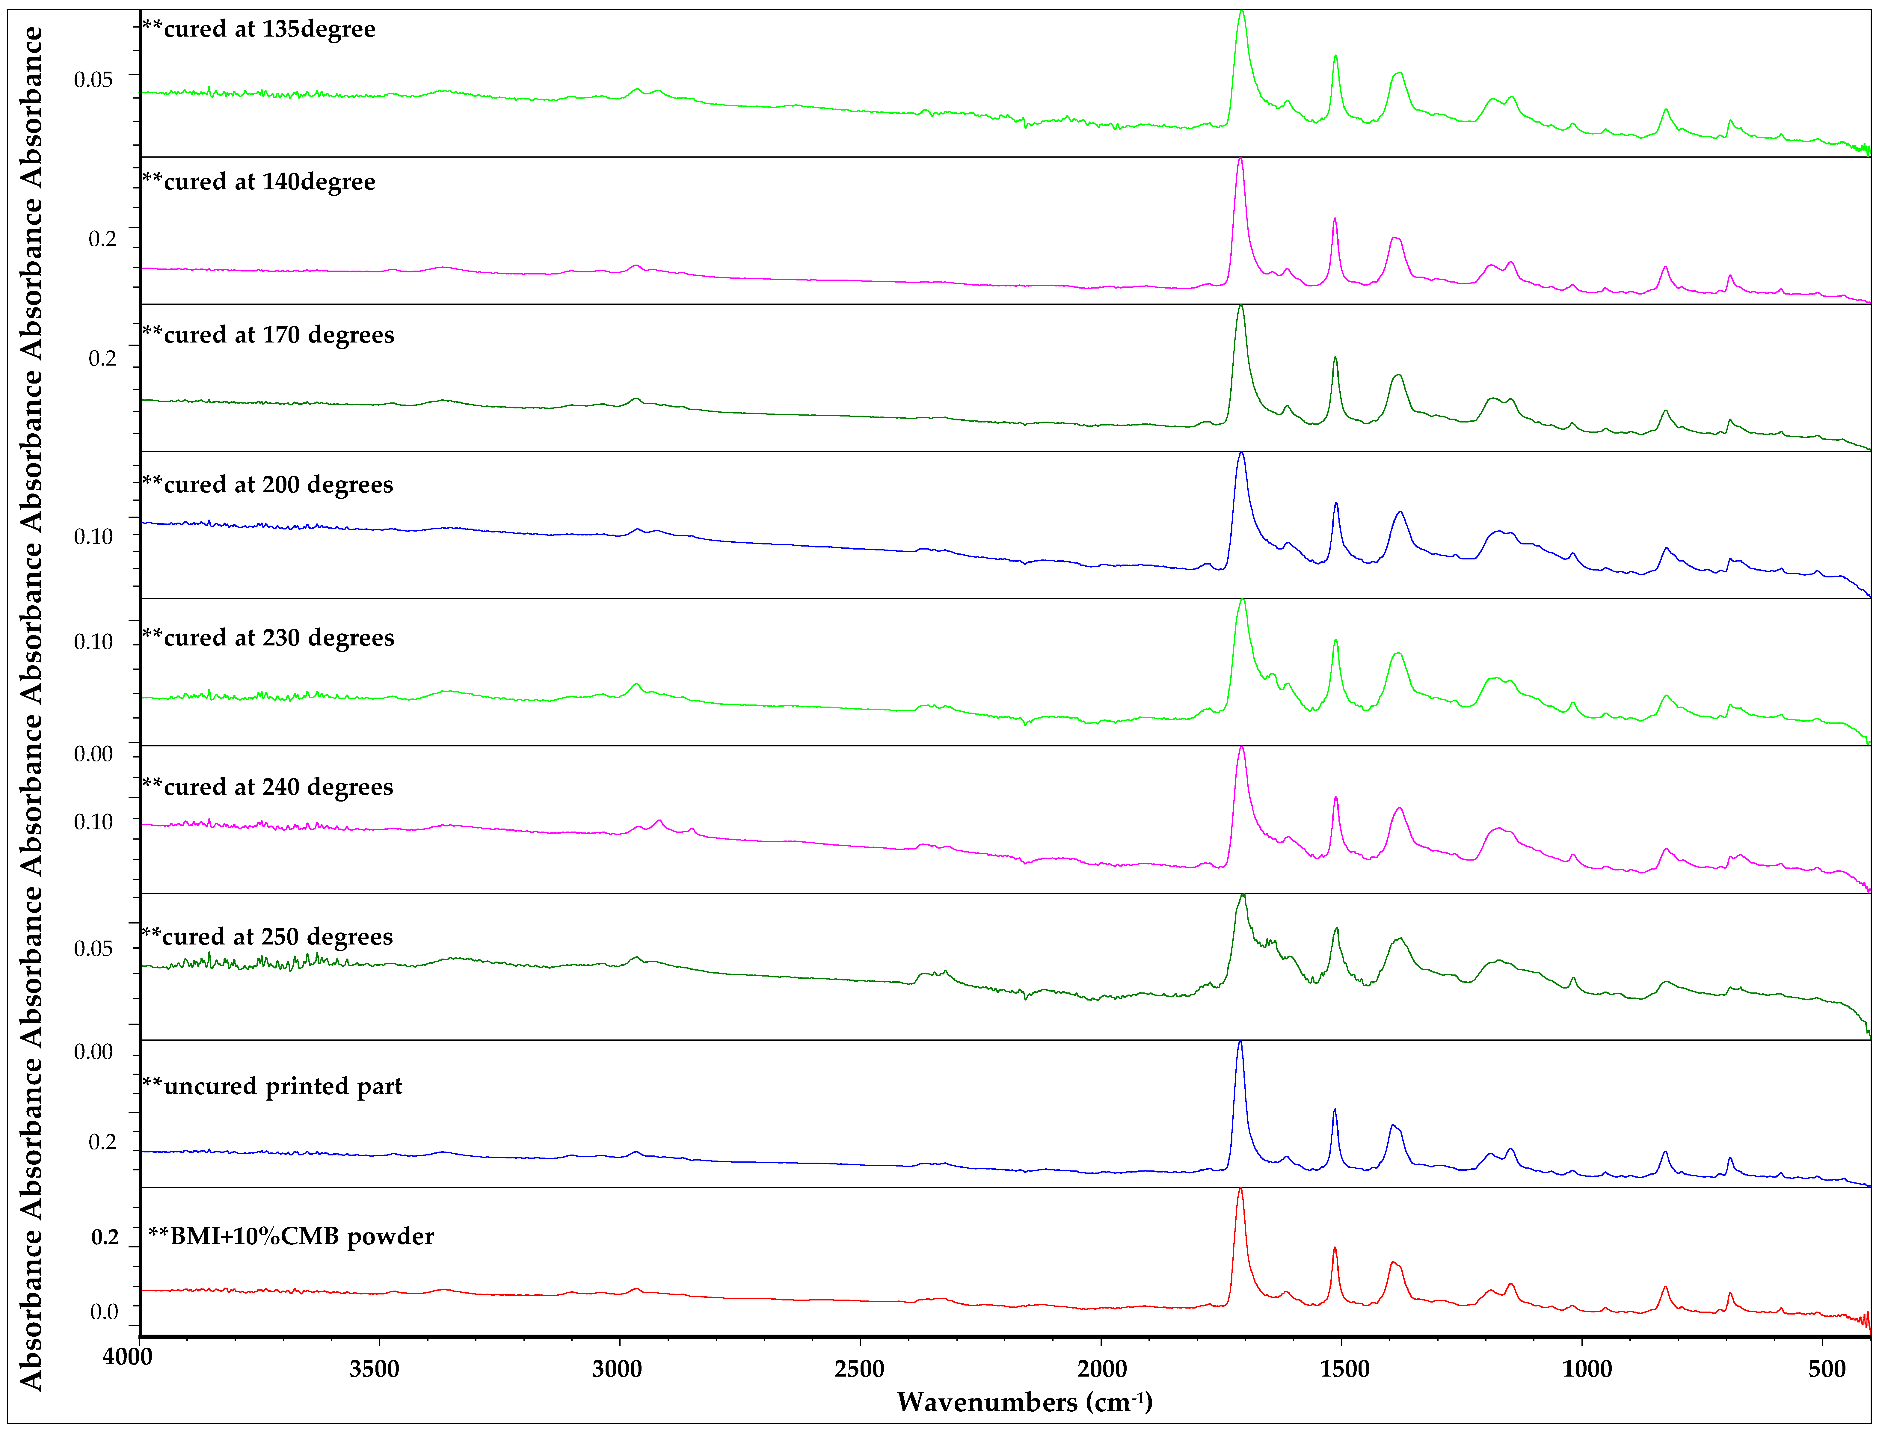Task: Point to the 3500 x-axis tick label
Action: [x=374, y=1369]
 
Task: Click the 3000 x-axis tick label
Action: [x=617, y=1369]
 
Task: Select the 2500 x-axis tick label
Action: [x=859, y=1369]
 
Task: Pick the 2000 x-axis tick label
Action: [x=1102, y=1369]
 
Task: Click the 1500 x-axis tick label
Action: [x=1344, y=1369]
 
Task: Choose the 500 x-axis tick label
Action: [x=1827, y=1369]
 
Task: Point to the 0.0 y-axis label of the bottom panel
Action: [x=104, y=1312]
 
